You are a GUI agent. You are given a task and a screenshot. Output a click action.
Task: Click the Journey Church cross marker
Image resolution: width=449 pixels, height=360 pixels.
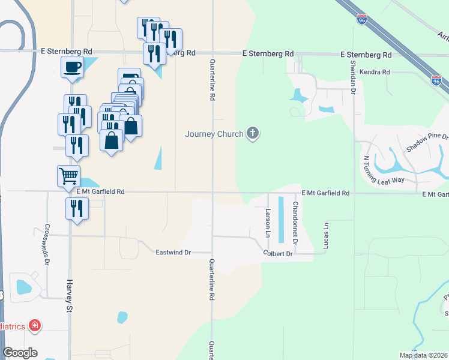(x=253, y=133)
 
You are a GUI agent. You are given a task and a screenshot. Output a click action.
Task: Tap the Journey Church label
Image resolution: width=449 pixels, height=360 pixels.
(x=214, y=134)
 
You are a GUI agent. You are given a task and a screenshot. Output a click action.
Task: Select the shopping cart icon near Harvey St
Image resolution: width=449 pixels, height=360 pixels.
(x=69, y=176)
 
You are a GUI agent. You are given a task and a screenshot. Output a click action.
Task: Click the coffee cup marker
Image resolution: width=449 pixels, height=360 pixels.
(x=72, y=67)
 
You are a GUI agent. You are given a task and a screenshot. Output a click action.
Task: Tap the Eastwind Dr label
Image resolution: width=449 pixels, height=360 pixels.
(x=173, y=253)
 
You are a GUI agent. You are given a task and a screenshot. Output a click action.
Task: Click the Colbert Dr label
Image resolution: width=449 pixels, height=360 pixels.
(x=277, y=254)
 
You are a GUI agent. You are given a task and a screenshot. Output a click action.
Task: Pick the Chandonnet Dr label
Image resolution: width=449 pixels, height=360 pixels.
(x=295, y=223)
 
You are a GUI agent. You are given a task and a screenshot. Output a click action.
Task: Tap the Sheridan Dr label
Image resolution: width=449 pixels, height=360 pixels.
(x=354, y=79)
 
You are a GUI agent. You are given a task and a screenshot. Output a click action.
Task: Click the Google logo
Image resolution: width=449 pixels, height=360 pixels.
(x=20, y=353)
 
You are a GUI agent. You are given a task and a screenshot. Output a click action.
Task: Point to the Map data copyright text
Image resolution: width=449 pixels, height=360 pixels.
(x=424, y=355)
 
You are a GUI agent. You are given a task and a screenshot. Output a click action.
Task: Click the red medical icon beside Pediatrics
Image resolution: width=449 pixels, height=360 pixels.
(x=35, y=326)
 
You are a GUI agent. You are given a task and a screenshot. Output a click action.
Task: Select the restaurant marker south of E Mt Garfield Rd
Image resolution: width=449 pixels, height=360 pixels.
(x=77, y=209)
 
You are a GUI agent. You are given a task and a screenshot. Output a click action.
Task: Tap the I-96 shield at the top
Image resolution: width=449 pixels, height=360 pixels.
(x=361, y=20)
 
